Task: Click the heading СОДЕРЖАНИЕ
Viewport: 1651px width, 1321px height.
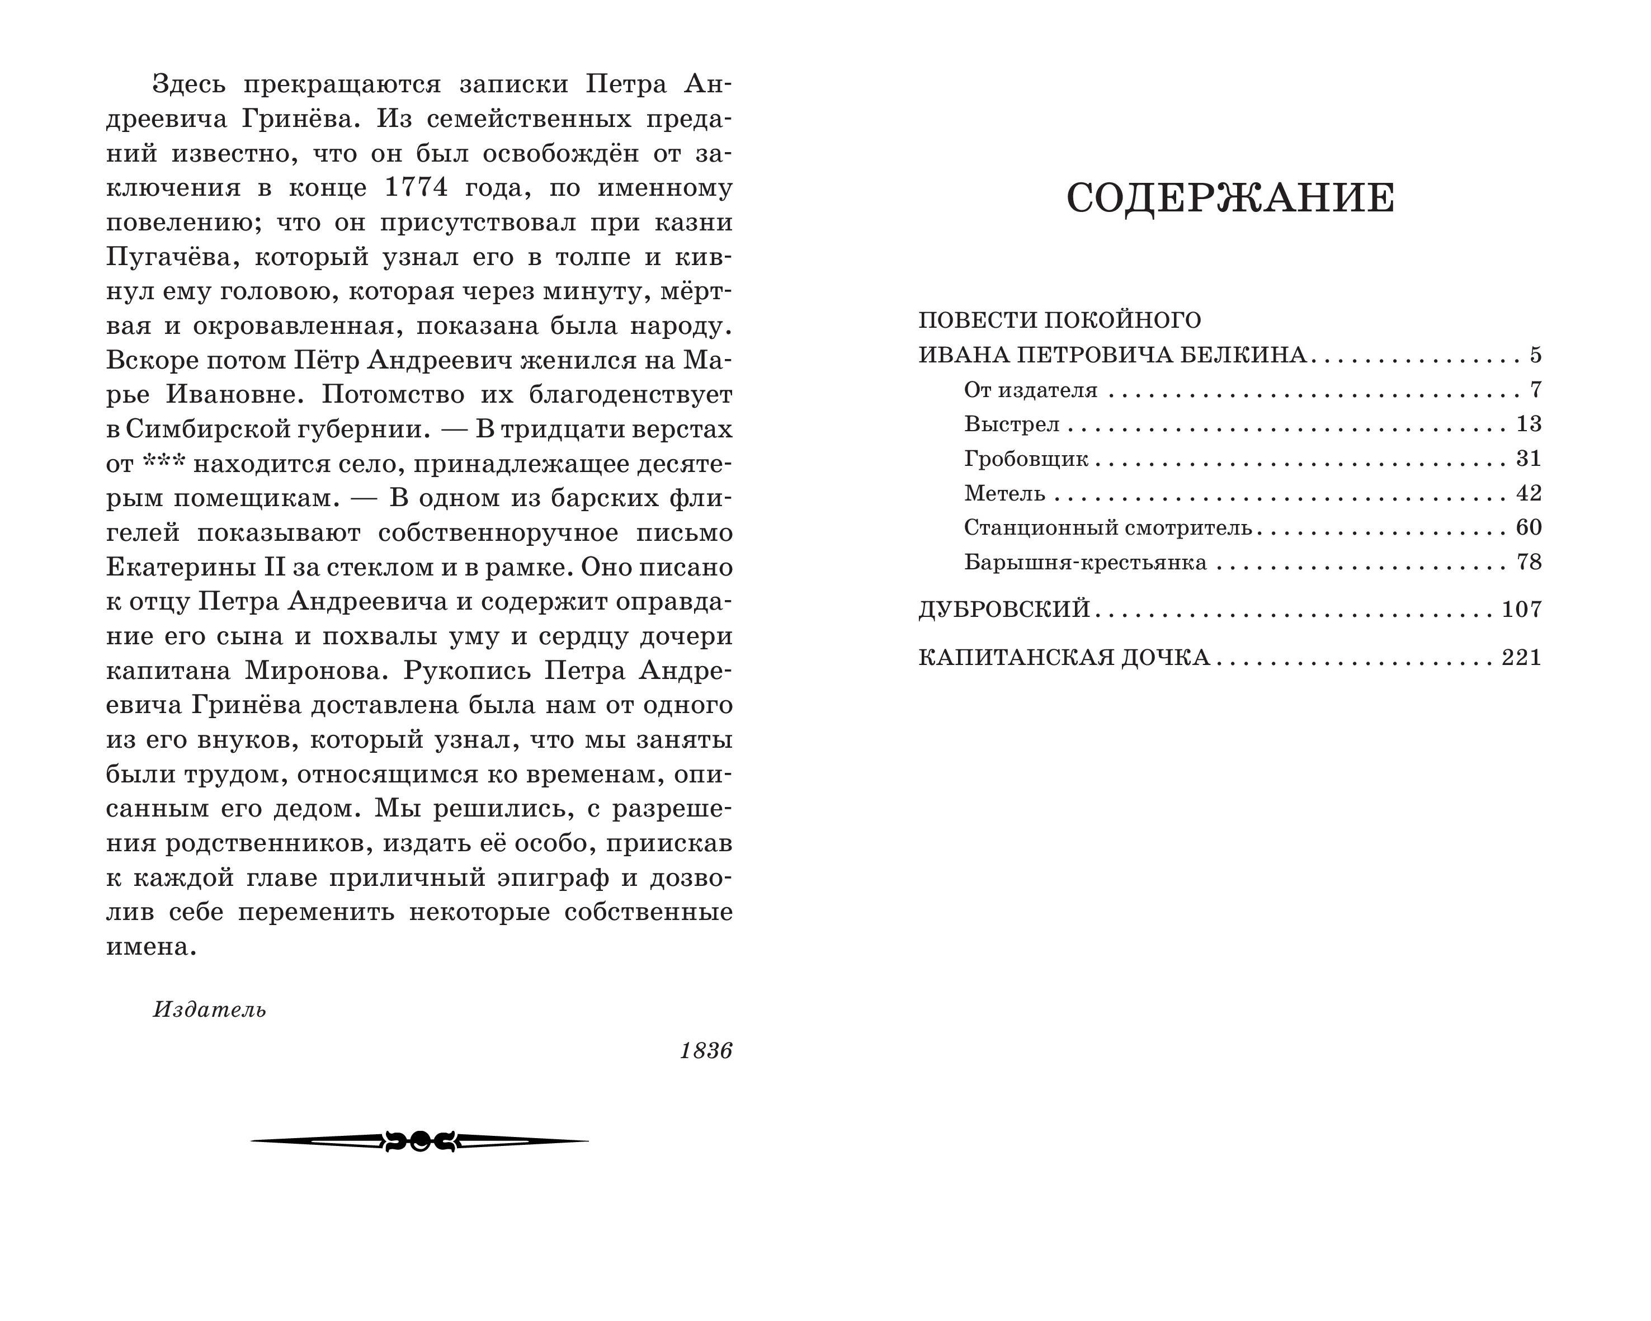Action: click(x=1230, y=199)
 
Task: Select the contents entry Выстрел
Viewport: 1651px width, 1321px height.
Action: click(x=1012, y=424)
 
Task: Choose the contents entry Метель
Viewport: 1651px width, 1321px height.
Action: click(x=1004, y=493)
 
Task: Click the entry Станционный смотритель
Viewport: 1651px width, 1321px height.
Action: click(x=1107, y=527)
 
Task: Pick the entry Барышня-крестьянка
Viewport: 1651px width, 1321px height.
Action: click(x=1085, y=563)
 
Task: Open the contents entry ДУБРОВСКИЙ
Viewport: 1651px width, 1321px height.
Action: click(x=1004, y=609)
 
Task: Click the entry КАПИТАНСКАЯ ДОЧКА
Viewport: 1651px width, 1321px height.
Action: click(x=1064, y=657)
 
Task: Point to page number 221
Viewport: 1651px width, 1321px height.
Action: click(x=1521, y=657)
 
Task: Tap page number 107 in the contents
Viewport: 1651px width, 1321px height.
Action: click(x=1521, y=609)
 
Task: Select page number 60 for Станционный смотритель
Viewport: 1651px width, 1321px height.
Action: click(x=1529, y=527)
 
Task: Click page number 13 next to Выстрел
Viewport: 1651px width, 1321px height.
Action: click(x=1529, y=424)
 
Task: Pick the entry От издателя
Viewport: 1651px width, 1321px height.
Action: click(x=1031, y=390)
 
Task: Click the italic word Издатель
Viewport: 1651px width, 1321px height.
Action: click(x=209, y=1009)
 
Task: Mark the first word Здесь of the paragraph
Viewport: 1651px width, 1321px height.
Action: click(x=189, y=84)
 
